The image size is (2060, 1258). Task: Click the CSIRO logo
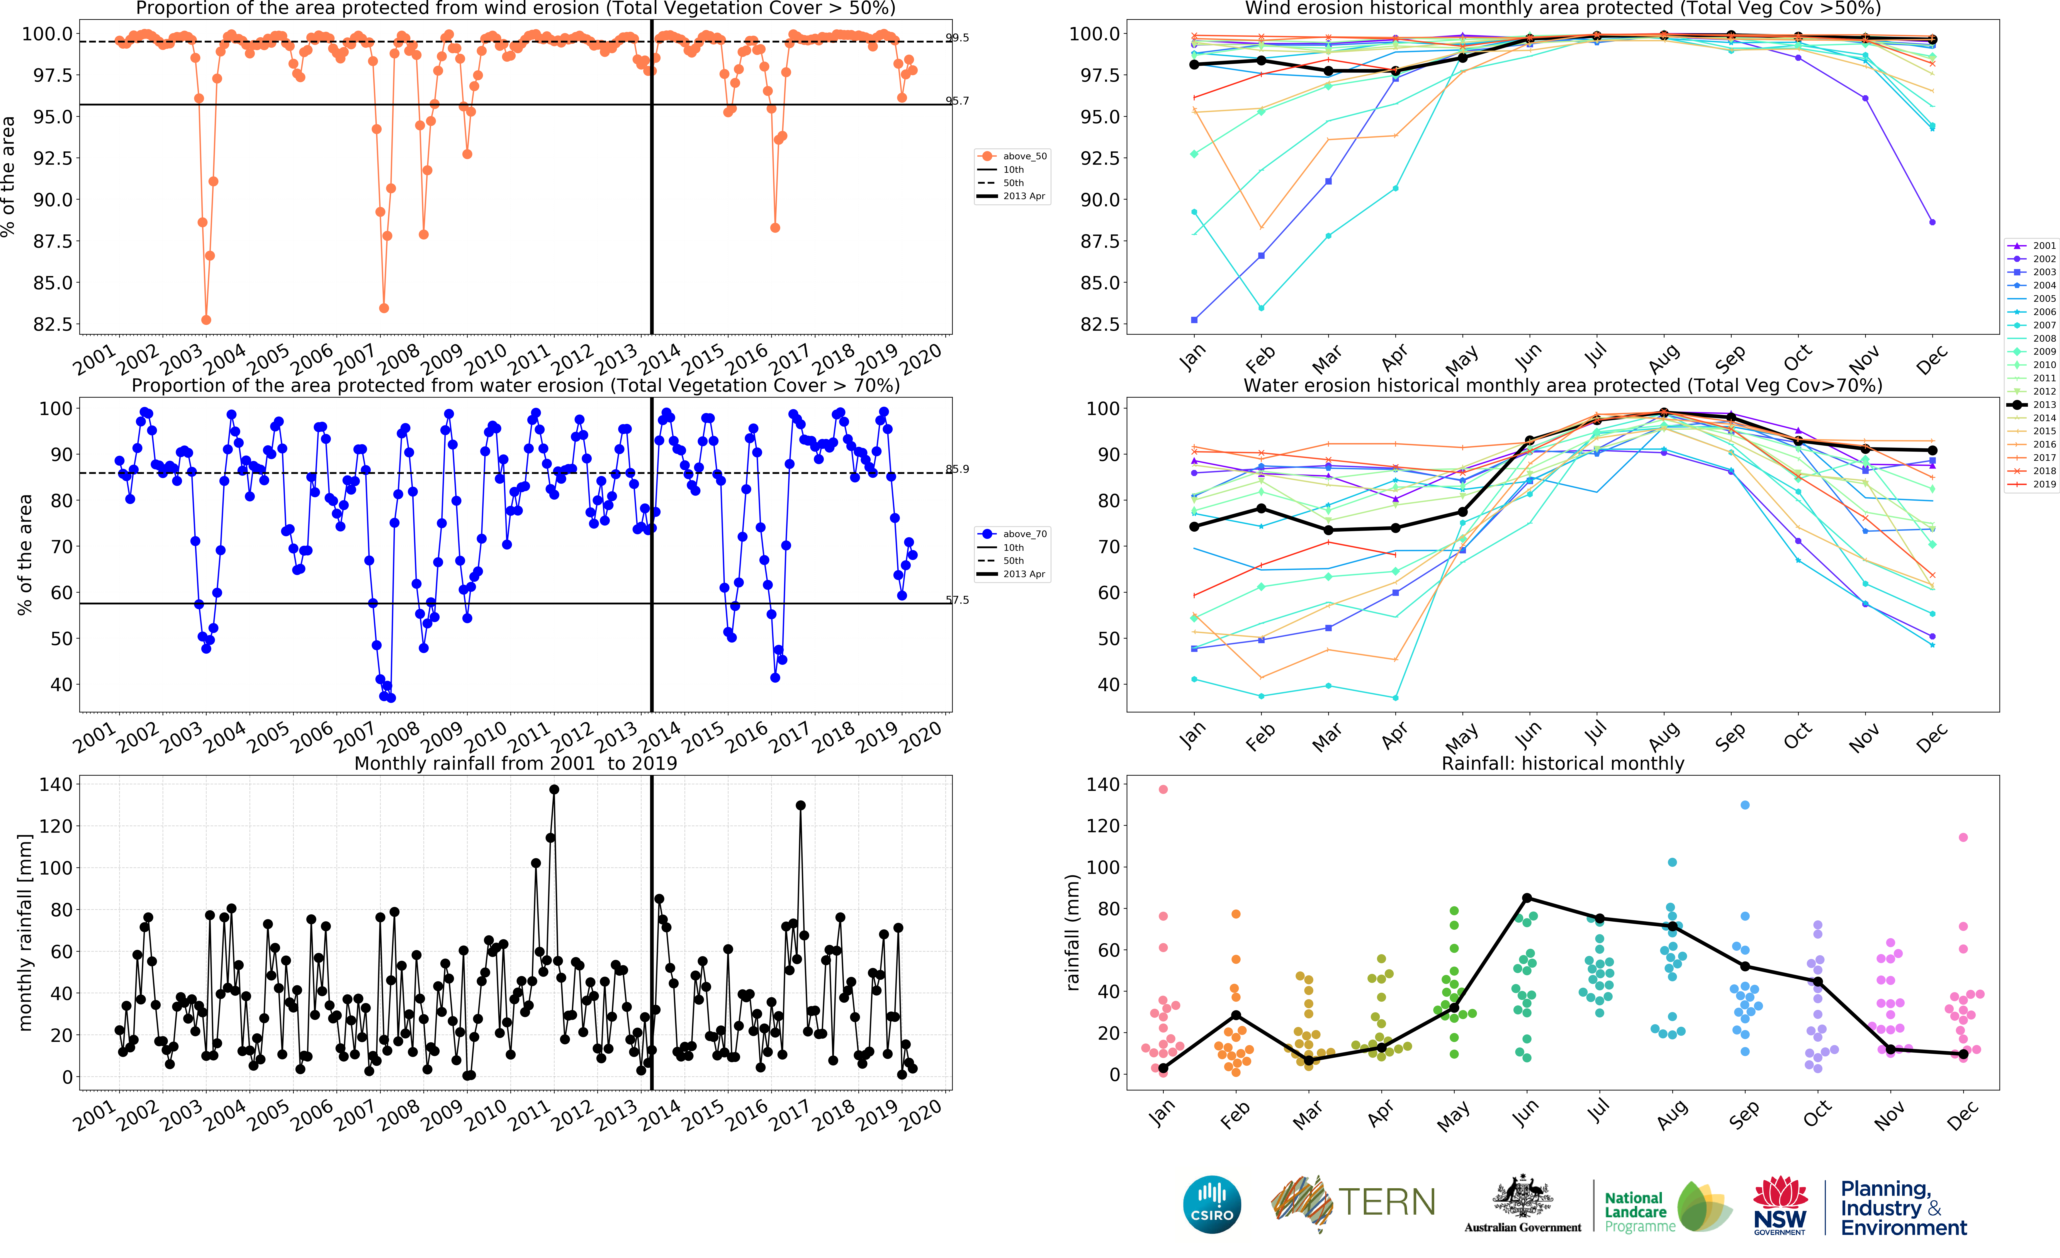pyautogui.click(x=1211, y=1204)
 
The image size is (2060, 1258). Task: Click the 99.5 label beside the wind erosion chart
pyautogui.click(x=957, y=38)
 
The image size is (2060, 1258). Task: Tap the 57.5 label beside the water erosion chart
pyautogui.click(x=957, y=599)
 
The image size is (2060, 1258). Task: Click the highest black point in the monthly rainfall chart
pyautogui.click(x=554, y=789)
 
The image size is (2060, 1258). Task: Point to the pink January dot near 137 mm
pyautogui.click(x=1163, y=789)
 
